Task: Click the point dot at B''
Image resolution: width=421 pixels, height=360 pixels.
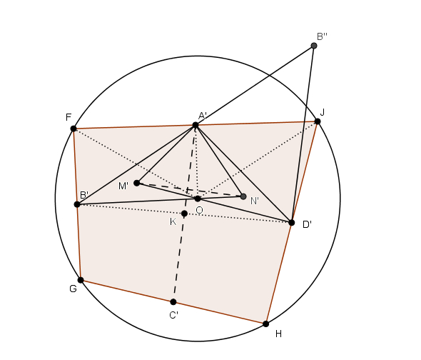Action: pyautogui.click(x=314, y=46)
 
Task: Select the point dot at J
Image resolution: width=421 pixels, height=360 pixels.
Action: pyautogui.click(x=318, y=121)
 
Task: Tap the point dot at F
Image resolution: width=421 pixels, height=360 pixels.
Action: pyautogui.click(x=73, y=129)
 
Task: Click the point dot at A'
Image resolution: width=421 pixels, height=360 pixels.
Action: pyautogui.click(x=196, y=125)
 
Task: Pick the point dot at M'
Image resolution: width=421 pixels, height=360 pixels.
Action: pyautogui.click(x=137, y=183)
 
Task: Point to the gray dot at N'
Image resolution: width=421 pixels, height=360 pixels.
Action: pyautogui.click(x=243, y=196)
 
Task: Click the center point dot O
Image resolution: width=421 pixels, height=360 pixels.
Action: pyautogui.click(x=198, y=199)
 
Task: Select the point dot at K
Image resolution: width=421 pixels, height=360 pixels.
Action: pyautogui.click(x=184, y=214)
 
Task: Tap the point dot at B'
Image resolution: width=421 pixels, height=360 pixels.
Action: pyautogui.click(x=77, y=204)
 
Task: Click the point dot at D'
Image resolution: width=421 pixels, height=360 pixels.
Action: pyautogui.click(x=292, y=223)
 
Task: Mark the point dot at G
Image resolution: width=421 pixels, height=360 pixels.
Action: pyautogui.click(x=81, y=280)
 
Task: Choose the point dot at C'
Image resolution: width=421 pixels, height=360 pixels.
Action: pyautogui.click(x=173, y=302)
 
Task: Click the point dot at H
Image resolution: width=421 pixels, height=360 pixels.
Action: pyautogui.click(x=266, y=324)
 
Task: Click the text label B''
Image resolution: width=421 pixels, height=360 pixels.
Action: pyautogui.click(x=322, y=36)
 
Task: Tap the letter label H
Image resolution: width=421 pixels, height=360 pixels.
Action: pyautogui.click(x=278, y=334)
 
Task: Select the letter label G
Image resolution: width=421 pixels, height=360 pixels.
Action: pyautogui.click(x=73, y=289)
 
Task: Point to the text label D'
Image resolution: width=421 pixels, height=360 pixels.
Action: pyautogui.click(x=307, y=224)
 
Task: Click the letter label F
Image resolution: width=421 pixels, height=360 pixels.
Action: pyautogui.click(x=69, y=117)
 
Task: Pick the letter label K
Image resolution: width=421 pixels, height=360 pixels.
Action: pyautogui.click(x=173, y=222)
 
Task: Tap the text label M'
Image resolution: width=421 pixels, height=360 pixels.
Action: pyautogui.click(x=123, y=186)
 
